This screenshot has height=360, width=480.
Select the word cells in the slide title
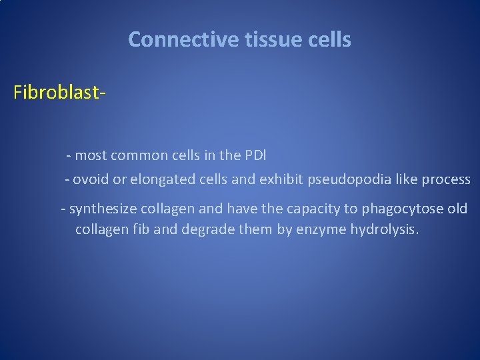329,40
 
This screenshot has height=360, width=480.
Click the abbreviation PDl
254,155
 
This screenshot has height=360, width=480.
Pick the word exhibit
281,179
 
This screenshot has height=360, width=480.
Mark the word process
447,179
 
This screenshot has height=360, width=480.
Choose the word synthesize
100,209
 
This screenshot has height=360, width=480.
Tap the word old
457,209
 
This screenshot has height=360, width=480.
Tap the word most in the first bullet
89,155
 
